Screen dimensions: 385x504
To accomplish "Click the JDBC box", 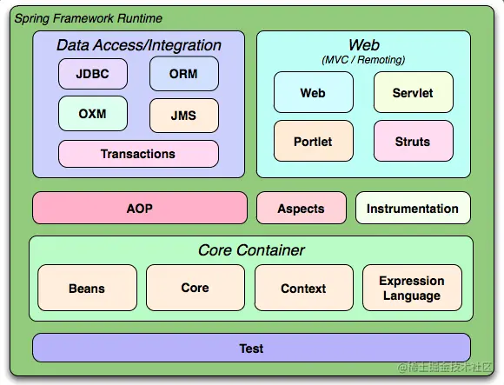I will [x=93, y=74].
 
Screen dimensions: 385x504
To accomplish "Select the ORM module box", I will [x=183, y=74].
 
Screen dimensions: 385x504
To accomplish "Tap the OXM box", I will [x=93, y=114].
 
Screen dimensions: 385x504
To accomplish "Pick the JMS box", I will [x=183, y=114].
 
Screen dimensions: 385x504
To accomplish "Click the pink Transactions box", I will [x=138, y=154].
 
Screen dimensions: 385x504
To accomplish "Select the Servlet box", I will [x=413, y=93].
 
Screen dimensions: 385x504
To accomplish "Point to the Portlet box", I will [x=313, y=141].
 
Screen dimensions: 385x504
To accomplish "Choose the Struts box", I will [x=413, y=141].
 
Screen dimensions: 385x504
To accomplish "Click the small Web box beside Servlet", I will [x=313, y=93].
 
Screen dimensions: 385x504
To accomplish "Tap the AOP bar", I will [x=140, y=209].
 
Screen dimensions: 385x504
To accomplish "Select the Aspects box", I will [x=301, y=209].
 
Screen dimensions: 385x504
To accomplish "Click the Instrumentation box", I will [x=413, y=209].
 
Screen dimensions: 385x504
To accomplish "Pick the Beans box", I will [x=87, y=289].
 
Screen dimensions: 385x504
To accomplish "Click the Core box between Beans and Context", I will [x=195, y=288].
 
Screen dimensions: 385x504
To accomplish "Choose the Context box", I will [x=303, y=289].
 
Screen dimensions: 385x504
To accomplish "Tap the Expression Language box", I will [x=412, y=289].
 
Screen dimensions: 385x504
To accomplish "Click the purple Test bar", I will [x=251, y=348].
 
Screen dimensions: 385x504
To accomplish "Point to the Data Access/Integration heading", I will [x=139, y=45].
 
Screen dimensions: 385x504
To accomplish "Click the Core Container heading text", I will [x=251, y=250].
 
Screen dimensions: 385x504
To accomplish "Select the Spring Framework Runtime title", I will [x=88, y=18].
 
